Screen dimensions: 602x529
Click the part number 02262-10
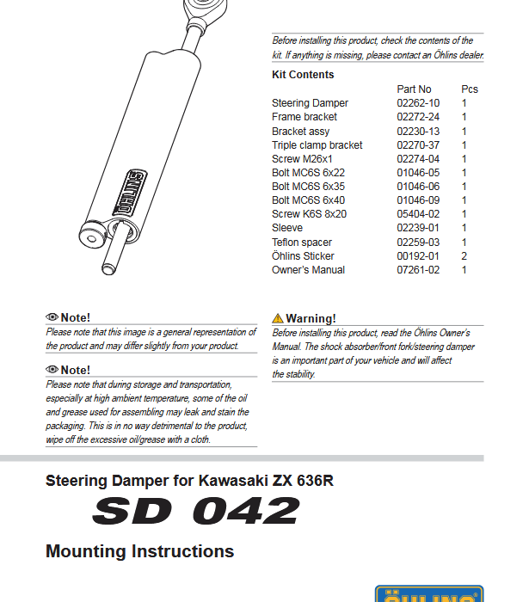tap(418, 103)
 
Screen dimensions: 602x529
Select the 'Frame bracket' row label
tap(304, 117)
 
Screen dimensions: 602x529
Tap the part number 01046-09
tap(418, 200)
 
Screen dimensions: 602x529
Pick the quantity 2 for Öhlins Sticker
tap(464, 256)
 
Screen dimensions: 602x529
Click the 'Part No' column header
tap(414, 89)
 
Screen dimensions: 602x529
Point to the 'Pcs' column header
tap(470, 89)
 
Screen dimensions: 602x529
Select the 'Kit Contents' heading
tap(303, 75)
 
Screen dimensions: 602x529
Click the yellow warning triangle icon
tap(278, 318)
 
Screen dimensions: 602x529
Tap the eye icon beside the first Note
tap(52, 318)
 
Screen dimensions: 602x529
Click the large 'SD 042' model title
tap(195, 512)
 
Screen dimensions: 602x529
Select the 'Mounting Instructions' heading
tap(139, 551)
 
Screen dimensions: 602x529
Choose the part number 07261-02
tap(418, 270)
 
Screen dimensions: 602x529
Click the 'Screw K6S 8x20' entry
tap(309, 214)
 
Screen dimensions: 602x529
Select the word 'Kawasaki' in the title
tap(227, 481)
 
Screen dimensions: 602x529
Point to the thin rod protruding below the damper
tap(109, 257)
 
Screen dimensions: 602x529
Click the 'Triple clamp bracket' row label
tap(317, 145)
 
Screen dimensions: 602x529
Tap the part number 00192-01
tap(418, 256)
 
